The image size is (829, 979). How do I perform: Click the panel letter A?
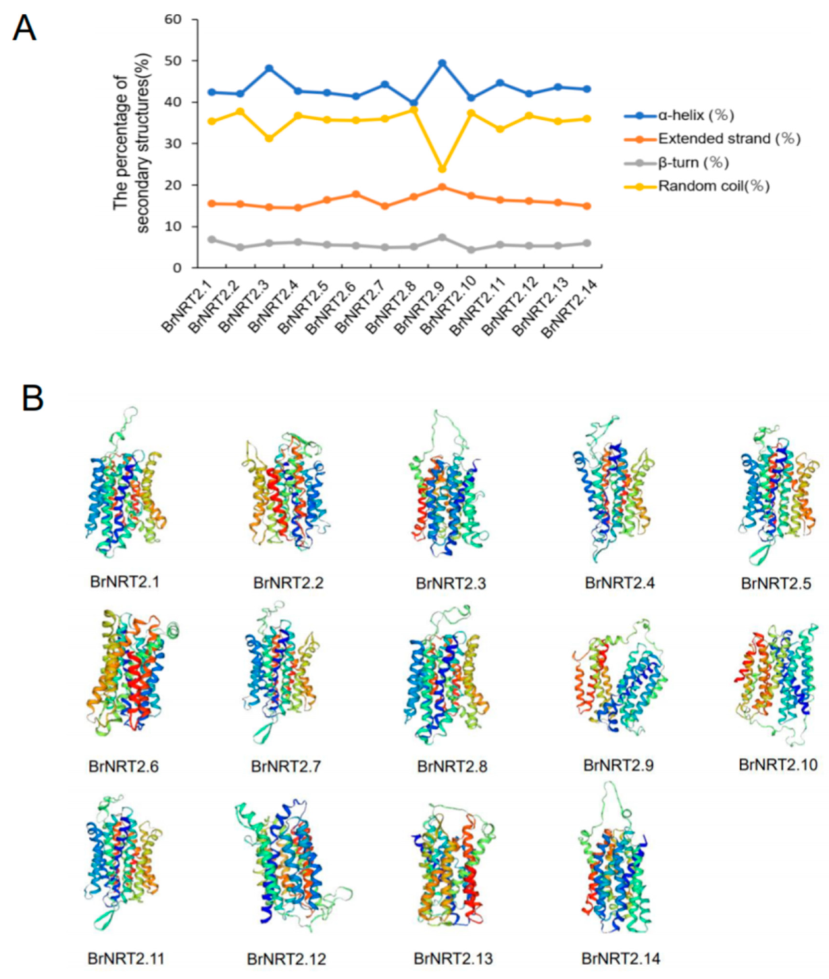(24, 28)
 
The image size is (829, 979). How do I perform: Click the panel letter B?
(32, 398)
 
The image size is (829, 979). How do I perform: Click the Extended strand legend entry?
(729, 139)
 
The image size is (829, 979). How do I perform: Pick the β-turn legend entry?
(693, 163)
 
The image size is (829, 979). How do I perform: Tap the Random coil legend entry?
(713, 186)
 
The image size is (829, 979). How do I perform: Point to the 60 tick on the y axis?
(173, 20)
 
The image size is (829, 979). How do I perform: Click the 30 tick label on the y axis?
(173, 144)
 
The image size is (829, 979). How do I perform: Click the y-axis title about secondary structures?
(132, 143)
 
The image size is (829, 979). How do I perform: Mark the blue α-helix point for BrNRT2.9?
(442, 63)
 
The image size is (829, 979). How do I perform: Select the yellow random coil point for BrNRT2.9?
(442, 169)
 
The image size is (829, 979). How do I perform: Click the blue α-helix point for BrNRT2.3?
(269, 68)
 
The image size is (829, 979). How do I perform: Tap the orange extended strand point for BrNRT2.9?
(442, 187)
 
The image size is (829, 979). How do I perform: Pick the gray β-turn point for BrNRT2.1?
(212, 240)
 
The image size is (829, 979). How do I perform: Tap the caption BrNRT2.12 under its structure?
(286, 959)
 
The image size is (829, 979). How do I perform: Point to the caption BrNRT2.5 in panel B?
(776, 583)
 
